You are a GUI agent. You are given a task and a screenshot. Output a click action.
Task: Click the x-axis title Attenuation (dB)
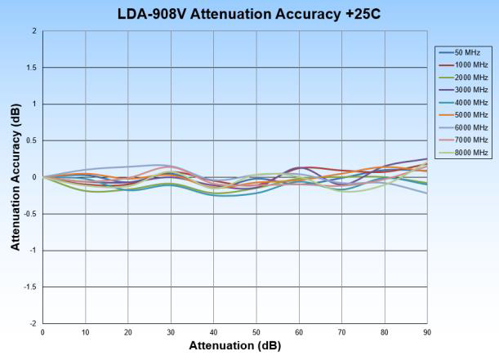coord(234,345)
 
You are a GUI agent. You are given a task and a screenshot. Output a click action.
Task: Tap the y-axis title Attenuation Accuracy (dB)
coord(16,176)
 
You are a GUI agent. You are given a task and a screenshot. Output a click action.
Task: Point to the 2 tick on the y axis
coord(34,31)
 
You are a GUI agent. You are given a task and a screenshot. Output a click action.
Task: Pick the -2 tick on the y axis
coord(33,324)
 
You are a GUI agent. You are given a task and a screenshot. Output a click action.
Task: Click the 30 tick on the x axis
coord(171,332)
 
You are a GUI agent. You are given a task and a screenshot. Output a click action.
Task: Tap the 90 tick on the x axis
coord(427,332)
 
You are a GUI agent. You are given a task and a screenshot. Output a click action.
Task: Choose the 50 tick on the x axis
coord(256,332)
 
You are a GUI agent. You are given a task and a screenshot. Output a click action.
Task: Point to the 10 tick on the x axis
coord(85,332)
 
